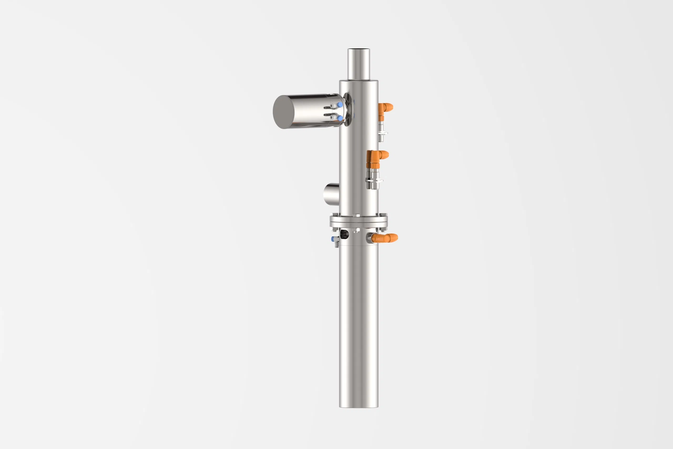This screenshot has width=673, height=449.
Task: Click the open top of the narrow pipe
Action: click(358, 49)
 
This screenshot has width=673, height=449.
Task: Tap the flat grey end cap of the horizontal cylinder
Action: click(283, 112)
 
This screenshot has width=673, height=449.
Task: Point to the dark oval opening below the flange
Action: click(344, 235)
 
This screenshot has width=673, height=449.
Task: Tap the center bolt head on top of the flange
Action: click(357, 215)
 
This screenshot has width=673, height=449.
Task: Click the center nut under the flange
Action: click(357, 230)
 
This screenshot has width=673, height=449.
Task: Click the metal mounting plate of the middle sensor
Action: click(374, 180)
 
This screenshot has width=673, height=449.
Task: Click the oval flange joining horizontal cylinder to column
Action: click(348, 109)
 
